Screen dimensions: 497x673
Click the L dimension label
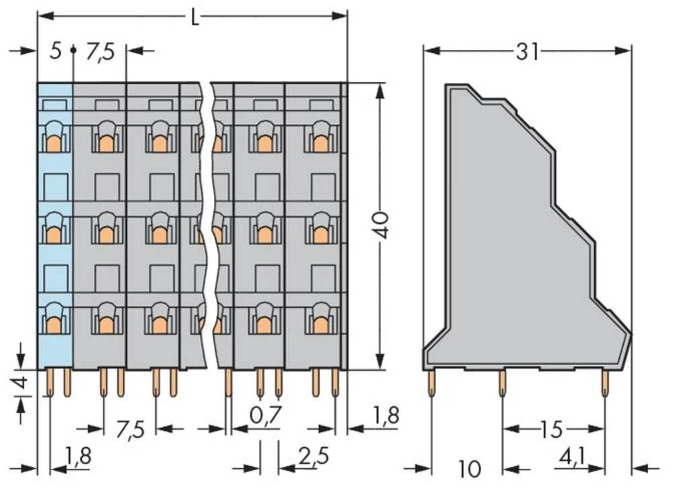(x=194, y=16)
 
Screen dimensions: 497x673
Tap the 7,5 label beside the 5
(x=100, y=52)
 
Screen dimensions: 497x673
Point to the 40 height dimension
(x=381, y=225)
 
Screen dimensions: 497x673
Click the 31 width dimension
(x=527, y=52)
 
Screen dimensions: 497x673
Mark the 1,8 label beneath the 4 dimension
(x=77, y=457)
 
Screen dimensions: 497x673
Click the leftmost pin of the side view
(x=431, y=385)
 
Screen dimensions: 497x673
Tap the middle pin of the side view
(x=502, y=385)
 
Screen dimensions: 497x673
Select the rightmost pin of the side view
(x=604, y=385)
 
